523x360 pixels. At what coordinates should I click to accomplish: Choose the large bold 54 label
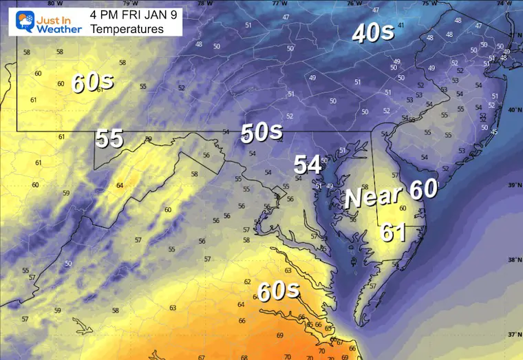click(x=308, y=165)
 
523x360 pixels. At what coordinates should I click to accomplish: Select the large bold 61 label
click(x=393, y=233)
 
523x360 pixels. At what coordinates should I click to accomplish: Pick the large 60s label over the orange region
click(x=279, y=291)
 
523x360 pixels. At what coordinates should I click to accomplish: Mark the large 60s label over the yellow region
click(x=92, y=83)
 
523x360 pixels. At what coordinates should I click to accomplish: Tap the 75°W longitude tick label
click(x=429, y=3)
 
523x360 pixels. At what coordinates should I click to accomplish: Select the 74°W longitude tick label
click(x=506, y=3)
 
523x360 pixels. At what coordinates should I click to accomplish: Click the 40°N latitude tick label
click(x=513, y=110)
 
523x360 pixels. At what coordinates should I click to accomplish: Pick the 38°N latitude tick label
click(x=513, y=260)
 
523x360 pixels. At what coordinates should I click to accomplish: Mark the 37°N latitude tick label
click(x=513, y=335)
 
